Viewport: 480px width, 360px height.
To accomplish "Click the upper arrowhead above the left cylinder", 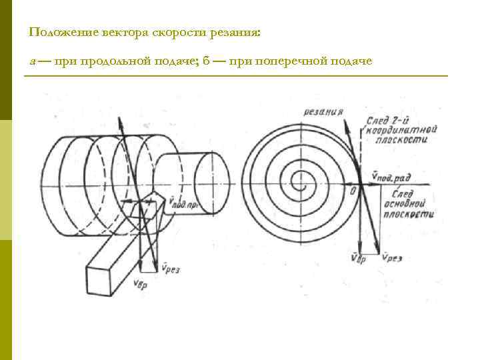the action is [x=119, y=122].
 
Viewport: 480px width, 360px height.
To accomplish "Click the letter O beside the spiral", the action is [x=353, y=192].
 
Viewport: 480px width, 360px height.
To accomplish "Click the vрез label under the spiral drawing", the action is [x=392, y=257].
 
